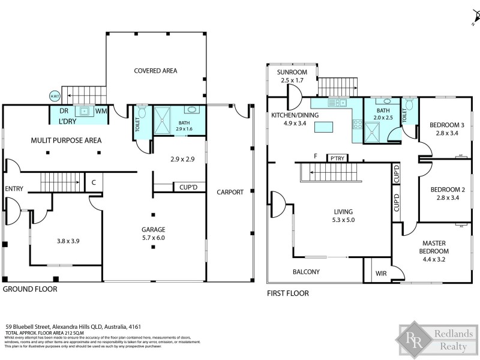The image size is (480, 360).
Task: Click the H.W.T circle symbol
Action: click(54, 96)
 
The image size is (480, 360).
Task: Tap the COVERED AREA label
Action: click(155, 71)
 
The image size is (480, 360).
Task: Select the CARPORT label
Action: click(230, 193)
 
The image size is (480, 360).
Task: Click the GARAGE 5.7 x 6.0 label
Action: click(153, 233)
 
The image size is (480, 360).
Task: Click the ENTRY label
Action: click(14, 189)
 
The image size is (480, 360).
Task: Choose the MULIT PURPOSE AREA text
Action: click(66, 140)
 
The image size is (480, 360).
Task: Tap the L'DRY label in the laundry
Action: click(67, 122)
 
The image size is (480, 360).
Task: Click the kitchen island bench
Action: click(325, 127)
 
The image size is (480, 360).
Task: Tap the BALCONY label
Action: click(305, 272)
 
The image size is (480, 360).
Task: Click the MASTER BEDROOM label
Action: click(434, 247)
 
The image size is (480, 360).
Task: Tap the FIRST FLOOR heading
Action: click(287, 293)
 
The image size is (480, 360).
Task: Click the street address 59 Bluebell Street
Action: click(72, 327)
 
